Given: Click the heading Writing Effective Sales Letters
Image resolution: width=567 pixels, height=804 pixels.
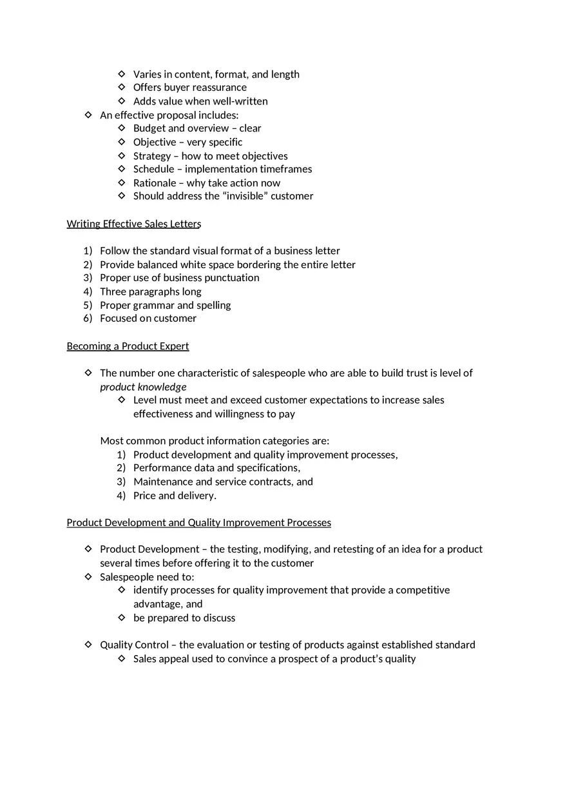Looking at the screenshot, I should [134, 224].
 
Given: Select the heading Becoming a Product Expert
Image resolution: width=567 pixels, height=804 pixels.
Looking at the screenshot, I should [128, 346].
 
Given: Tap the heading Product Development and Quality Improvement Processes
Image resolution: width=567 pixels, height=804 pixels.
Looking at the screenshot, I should [198, 523].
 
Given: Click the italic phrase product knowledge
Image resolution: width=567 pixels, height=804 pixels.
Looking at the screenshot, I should [143, 387].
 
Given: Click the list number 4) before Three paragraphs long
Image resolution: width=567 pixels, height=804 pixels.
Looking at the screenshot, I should [88, 291].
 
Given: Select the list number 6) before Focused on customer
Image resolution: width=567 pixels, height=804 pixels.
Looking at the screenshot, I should [88, 319].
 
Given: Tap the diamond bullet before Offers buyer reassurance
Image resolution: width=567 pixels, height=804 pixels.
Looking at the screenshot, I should [122, 87].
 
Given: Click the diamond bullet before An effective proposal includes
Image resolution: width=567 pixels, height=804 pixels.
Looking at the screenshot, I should [88, 115].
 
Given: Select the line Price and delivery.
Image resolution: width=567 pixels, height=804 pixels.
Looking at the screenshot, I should [175, 496].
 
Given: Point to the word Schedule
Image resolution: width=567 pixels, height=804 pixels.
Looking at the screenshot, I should [153, 169].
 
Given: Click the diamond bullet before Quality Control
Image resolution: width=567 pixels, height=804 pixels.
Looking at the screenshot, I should [88, 645].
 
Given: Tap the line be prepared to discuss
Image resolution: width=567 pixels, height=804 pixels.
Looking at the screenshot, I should [184, 618].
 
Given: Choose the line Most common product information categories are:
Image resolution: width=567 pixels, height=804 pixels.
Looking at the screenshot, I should [215, 441].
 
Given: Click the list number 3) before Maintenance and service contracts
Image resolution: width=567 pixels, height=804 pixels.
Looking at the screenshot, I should [121, 482].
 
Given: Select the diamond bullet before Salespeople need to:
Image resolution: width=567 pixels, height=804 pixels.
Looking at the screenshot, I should [88, 576].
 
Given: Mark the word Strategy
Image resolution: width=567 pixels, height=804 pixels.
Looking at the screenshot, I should [152, 156].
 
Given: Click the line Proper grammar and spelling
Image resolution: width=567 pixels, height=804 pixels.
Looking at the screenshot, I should [165, 305].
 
